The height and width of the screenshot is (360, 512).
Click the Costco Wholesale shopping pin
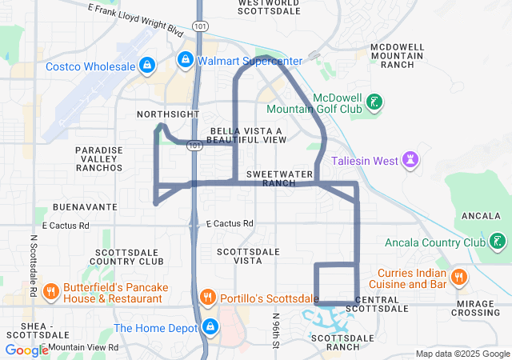(146, 64)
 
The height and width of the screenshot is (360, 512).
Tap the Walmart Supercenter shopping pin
(185, 59)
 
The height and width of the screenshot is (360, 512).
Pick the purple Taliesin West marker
(411, 160)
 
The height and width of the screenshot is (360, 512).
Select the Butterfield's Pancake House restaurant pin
(50, 291)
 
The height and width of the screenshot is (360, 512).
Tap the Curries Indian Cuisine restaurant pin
(458, 278)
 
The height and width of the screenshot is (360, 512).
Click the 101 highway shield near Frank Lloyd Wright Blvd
(198, 27)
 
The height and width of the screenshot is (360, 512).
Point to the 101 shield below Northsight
(194, 146)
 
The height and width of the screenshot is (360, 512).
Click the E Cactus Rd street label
(230, 224)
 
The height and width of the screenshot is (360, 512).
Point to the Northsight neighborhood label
(168, 114)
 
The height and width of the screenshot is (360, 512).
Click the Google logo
(26, 350)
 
